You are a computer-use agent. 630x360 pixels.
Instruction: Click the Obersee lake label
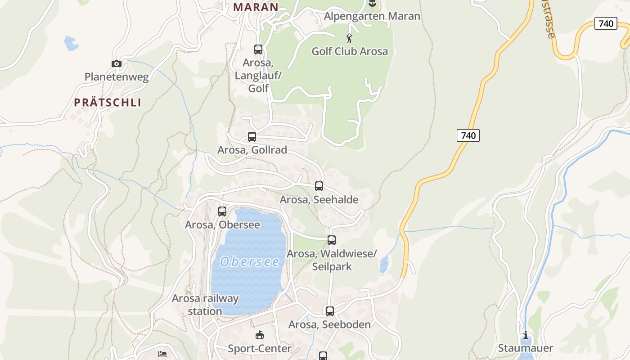(250, 261)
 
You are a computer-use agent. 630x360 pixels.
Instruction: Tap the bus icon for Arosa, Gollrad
(252, 136)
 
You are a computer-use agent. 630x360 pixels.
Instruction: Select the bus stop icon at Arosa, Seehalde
(319, 186)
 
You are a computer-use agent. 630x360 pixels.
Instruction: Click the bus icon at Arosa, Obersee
(222, 211)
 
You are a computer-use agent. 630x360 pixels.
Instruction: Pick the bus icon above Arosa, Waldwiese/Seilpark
(332, 240)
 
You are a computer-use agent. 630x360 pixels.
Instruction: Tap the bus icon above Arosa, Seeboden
(330, 311)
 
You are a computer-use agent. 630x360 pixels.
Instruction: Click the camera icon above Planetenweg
(117, 64)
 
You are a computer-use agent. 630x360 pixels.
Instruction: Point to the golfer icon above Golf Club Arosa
(349, 38)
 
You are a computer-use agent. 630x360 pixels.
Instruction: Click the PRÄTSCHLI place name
(108, 103)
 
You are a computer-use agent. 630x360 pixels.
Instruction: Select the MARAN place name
(256, 7)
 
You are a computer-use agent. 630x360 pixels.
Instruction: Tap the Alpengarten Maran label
(372, 16)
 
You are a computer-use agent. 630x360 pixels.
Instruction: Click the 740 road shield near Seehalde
(468, 135)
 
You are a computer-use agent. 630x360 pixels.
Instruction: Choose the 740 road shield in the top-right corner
(606, 23)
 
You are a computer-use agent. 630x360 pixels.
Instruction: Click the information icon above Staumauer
(525, 335)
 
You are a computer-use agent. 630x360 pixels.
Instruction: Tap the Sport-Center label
(260, 348)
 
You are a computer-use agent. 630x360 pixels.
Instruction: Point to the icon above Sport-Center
(260, 335)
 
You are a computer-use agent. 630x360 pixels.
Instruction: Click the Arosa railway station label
(205, 305)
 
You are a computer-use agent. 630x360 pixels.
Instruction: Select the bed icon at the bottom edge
(162, 354)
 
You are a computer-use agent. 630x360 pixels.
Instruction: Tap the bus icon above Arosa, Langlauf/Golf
(258, 49)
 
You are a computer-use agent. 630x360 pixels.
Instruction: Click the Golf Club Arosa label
(350, 51)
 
